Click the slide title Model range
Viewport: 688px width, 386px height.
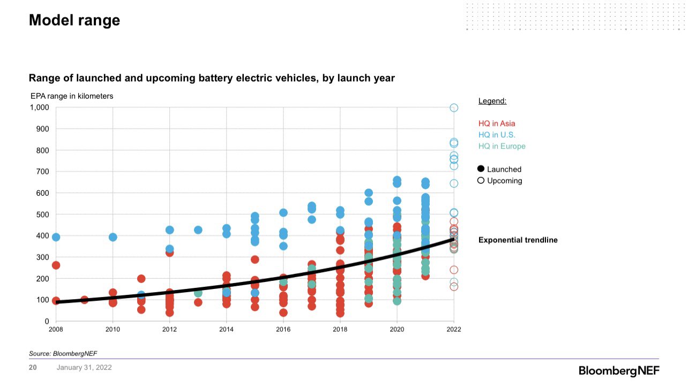[74, 20]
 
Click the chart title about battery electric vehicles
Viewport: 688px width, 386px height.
[212, 78]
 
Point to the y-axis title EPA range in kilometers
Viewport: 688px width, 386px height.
[72, 96]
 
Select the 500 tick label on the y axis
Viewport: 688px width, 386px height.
[42, 214]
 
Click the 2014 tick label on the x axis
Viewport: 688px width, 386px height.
[226, 329]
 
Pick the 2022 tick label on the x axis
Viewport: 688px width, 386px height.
[453, 329]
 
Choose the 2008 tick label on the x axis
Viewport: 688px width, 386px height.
[56, 329]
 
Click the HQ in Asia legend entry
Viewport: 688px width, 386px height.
[497, 124]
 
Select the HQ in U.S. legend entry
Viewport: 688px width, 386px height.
[497, 135]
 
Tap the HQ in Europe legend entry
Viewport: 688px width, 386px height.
[502, 146]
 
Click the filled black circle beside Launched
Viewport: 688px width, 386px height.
[481, 169]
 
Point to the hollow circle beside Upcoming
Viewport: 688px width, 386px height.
[481, 181]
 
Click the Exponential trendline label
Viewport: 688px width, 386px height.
[518, 240]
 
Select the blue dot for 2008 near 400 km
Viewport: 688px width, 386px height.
[56, 237]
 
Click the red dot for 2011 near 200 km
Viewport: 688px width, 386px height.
[141, 279]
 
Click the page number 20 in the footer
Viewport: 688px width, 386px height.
[33, 368]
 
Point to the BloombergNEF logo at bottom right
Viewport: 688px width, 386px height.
[619, 371]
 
